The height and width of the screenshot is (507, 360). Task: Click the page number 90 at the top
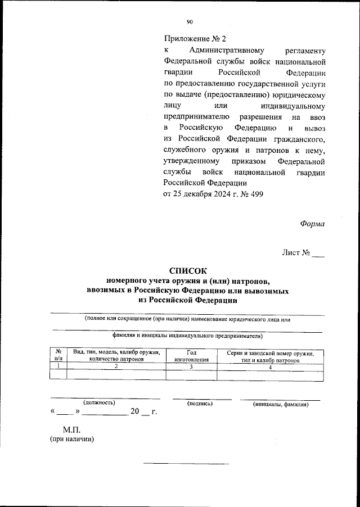click(190, 22)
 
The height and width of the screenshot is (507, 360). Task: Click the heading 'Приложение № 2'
click(194, 39)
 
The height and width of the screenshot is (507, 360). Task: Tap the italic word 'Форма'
click(312, 223)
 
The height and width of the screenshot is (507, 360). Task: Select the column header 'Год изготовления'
click(191, 355)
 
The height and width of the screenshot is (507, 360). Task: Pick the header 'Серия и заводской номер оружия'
click(270, 352)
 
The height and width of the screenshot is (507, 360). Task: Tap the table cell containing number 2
click(116, 366)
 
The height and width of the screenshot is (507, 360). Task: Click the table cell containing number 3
click(191, 366)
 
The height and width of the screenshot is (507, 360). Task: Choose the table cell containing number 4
click(270, 366)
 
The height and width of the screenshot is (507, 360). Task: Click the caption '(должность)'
click(99, 402)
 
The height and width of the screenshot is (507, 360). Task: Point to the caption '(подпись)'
click(200, 403)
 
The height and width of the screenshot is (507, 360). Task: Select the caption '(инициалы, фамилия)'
click(281, 404)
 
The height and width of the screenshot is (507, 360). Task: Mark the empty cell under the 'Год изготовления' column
click(191, 375)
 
